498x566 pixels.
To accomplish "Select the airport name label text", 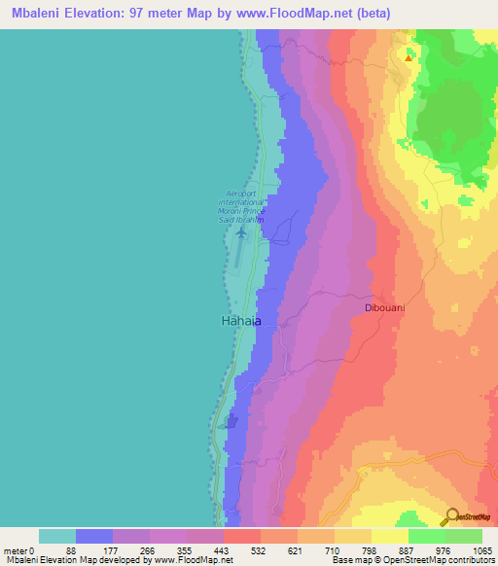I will [x=244, y=206].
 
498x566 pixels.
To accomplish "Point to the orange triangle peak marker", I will [x=409, y=57].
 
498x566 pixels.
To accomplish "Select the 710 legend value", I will [x=332, y=549].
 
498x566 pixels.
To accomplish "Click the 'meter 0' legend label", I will [x=18, y=549].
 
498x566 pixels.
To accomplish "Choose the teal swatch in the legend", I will [x=57, y=536].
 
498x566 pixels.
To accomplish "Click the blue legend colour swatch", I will [x=94, y=536].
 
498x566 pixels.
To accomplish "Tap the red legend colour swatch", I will [x=242, y=536].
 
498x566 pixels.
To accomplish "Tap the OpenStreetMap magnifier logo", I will [x=452, y=515].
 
